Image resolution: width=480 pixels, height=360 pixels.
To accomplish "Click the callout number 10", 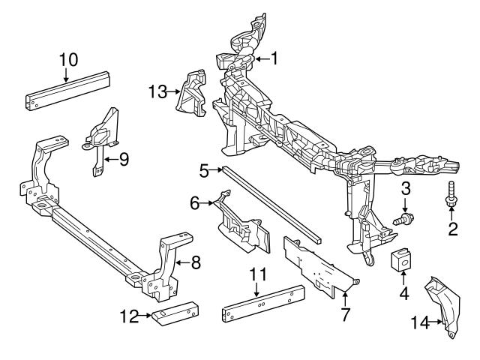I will pos(67,58).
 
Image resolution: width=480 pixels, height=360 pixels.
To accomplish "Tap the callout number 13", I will pos(157,91).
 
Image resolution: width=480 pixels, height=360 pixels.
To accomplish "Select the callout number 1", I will pos(274,58).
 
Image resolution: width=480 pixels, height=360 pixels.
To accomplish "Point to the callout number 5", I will pos(204,171).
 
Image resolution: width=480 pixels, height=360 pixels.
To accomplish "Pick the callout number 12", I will pos(130,316).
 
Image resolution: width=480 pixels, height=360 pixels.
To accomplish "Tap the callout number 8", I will pos(196,263).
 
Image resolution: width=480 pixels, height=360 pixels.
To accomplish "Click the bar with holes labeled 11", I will pos(262,304).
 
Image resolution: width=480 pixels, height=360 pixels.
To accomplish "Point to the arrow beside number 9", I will pos(109,159).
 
